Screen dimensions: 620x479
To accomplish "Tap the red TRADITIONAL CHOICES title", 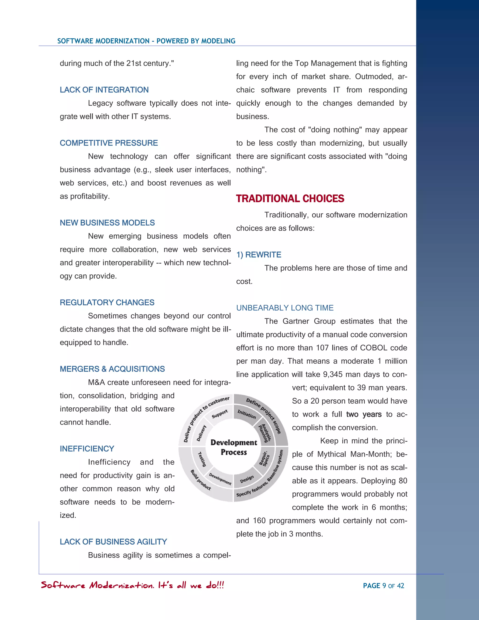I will point(290,198).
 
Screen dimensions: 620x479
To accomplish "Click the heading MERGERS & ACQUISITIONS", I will point(112,369).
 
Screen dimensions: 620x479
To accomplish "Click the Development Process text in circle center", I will point(234,447).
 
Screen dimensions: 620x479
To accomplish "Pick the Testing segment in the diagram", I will point(202,459).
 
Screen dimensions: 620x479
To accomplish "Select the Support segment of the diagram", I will point(220,414).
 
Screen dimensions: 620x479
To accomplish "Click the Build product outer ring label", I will point(200,480).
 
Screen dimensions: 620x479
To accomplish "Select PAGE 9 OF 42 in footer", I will point(383,586).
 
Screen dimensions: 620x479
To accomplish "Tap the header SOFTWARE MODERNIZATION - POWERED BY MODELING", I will point(146,41).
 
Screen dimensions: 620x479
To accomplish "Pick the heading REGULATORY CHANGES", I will point(107,302).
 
